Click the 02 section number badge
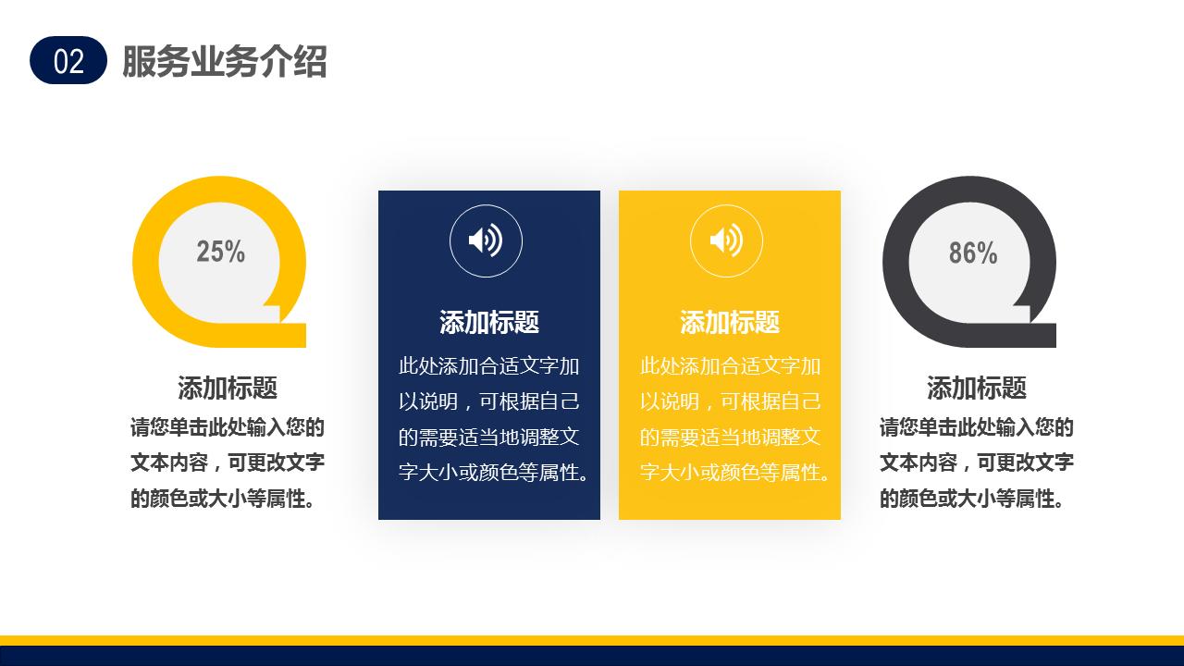click(68, 61)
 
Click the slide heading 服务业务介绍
click(224, 62)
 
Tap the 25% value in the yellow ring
click(220, 252)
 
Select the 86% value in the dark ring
click(972, 253)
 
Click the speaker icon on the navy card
click(486, 241)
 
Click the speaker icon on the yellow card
click(726, 241)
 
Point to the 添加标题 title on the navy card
click(488, 322)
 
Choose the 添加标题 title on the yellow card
click(729, 322)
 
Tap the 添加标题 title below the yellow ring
click(228, 388)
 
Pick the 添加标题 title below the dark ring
click(977, 388)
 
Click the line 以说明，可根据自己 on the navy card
click(488, 401)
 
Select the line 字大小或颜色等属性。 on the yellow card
click(734, 473)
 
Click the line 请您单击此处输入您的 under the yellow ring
click(228, 427)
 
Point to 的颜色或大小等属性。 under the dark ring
click(971, 499)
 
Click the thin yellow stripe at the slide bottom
click(592, 640)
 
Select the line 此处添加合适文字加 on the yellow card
click(730, 366)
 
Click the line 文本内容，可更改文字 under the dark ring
click(977, 462)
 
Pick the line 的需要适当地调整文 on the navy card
click(488, 437)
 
